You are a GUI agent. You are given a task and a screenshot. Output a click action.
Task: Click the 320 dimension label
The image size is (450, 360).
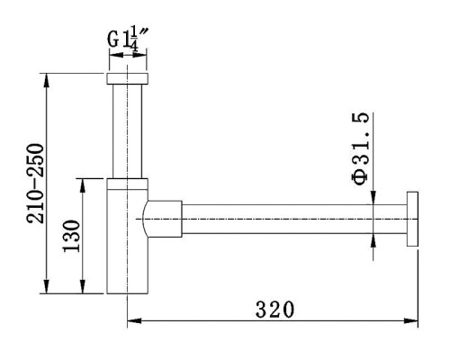pyautogui.click(x=274, y=310)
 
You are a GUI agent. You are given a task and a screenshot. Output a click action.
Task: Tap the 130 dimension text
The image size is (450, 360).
pyautogui.click(x=71, y=236)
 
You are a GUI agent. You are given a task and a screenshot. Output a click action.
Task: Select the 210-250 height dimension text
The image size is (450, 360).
pyautogui.click(x=35, y=184)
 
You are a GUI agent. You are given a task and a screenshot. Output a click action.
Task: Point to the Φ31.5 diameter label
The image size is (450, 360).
pyautogui.click(x=360, y=149)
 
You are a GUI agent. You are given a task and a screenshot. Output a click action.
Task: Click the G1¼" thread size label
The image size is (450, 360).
pyautogui.click(x=127, y=40)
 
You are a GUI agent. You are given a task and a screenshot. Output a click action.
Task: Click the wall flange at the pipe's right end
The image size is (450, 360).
pyautogui.click(x=412, y=219)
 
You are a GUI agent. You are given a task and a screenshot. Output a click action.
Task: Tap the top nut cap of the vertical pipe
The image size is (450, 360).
pyautogui.click(x=127, y=78)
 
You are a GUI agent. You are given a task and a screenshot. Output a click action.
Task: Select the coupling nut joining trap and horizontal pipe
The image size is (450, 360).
pyautogui.click(x=164, y=219)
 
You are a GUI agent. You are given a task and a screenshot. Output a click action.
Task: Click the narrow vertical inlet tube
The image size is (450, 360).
pyautogui.click(x=127, y=131)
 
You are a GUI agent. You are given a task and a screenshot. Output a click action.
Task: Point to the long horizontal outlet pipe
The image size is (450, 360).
pyautogui.click(x=294, y=219)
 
